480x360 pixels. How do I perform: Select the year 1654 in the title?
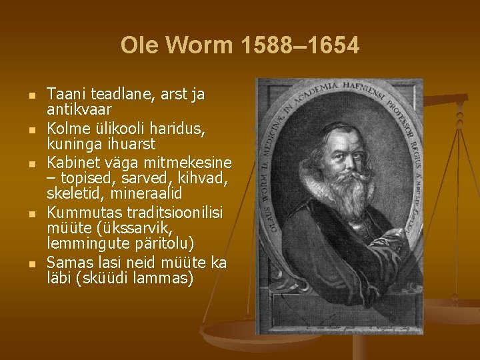point(331,46)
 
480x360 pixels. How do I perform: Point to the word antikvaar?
point(79,109)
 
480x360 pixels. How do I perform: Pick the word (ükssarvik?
point(121,228)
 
